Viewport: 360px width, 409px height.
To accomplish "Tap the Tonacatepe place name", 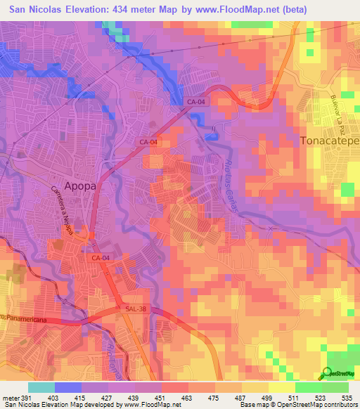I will coord(330,141).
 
